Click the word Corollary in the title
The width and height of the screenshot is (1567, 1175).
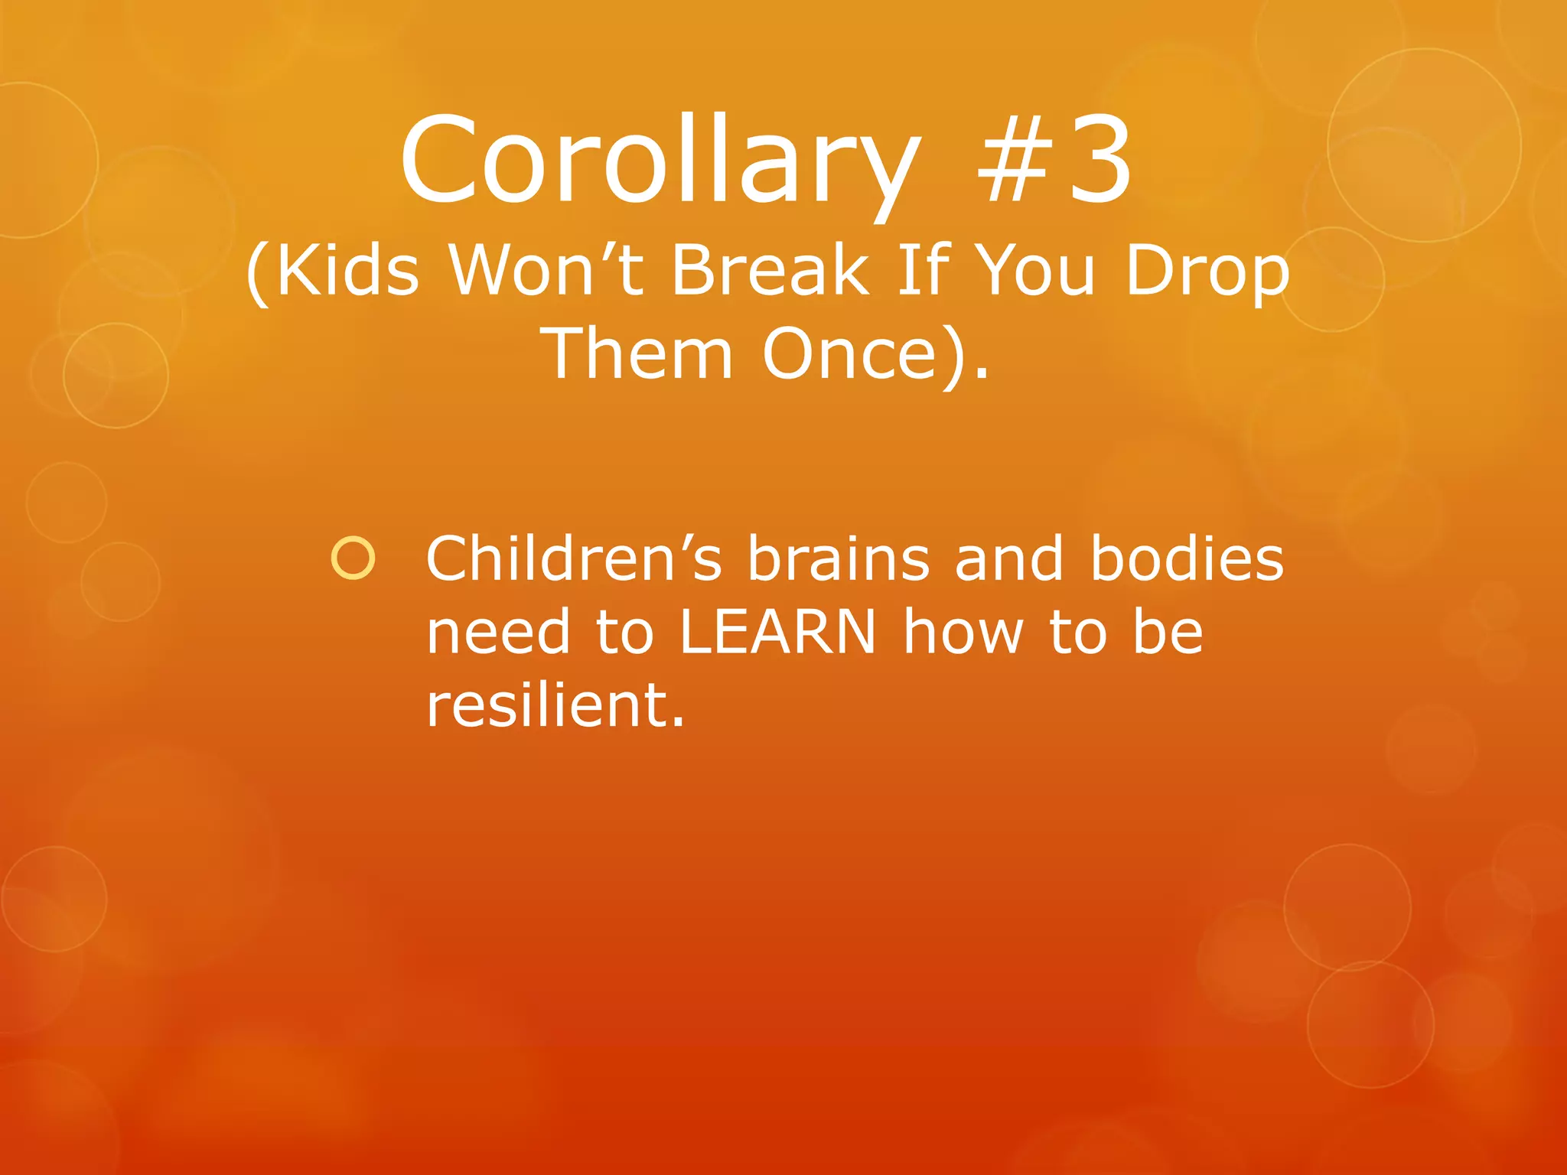tap(660, 162)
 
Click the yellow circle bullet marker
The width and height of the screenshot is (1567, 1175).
tap(353, 558)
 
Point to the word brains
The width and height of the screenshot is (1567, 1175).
tap(839, 558)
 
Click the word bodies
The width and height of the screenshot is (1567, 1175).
tap(1187, 558)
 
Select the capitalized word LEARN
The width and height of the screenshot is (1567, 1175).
tap(777, 633)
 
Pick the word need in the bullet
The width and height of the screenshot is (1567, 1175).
tap(498, 633)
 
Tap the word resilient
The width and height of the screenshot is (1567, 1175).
tap(555, 705)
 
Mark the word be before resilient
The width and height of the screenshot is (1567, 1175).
tap(1168, 633)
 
